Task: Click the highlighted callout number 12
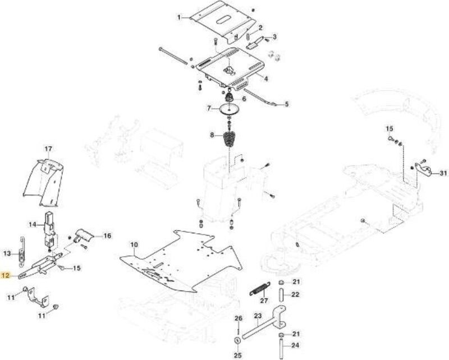pos(6,275)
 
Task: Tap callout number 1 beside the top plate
pos(179,17)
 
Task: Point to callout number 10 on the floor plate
pos(134,244)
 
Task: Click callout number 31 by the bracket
pos(443,173)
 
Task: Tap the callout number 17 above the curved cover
pos(48,149)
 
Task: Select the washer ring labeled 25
pos(237,341)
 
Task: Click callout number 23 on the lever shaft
pos(258,316)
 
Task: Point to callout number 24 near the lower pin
pos(295,345)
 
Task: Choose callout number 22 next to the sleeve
pos(295,294)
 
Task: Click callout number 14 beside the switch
pos(33,225)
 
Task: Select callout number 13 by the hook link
pos(7,253)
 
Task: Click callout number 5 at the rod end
pos(287,104)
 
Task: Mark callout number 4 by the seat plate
pos(266,78)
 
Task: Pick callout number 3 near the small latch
pos(274,37)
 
